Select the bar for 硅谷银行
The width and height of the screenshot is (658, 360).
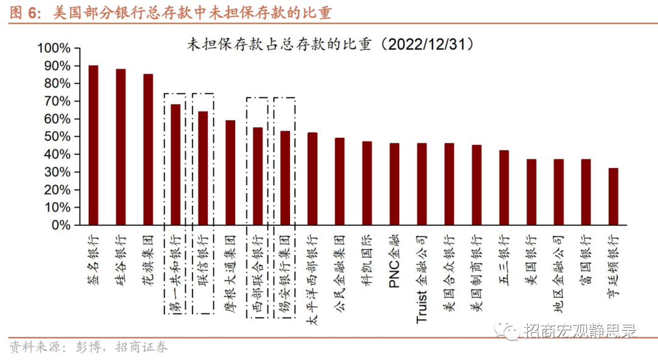click(121, 147)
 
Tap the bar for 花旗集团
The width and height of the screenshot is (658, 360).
click(148, 149)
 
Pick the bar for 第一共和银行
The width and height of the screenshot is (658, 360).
click(175, 164)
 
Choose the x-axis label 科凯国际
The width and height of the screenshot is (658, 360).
click(367, 256)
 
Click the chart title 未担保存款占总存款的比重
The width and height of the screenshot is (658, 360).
click(330, 44)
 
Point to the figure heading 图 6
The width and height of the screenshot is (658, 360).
click(23, 13)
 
